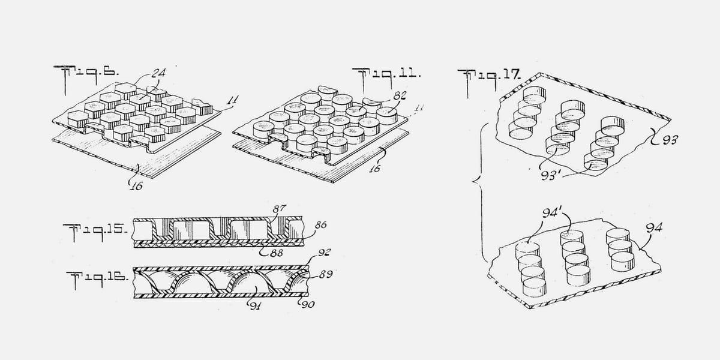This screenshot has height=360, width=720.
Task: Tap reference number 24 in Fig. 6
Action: coord(158,73)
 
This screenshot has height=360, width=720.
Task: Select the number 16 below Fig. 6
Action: coord(136,185)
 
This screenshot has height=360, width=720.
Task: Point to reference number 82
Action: coord(400,95)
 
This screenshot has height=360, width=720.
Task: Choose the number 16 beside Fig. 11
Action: coord(374,168)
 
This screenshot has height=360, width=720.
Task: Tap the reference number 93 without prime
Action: coord(670,140)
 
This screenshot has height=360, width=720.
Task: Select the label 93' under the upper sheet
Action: coord(551,175)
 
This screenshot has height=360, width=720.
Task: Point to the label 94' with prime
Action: coord(552,213)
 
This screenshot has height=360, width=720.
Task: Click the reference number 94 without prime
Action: coord(654,228)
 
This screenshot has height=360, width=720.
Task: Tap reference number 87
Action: coord(278,209)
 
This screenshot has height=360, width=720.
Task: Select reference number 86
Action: coord(320,224)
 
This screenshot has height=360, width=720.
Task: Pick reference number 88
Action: coord(277,253)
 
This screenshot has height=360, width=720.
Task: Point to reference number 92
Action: coord(324,253)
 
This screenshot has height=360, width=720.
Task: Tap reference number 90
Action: coord(308,304)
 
